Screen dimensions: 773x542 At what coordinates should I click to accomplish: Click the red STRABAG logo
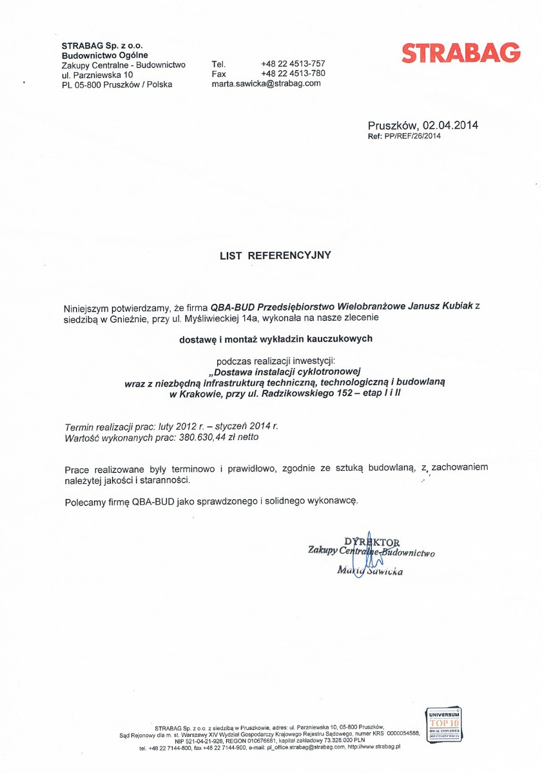tap(460, 53)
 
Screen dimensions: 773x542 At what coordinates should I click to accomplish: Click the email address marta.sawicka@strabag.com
tap(266, 84)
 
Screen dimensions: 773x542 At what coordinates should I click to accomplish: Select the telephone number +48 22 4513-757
tap(293, 64)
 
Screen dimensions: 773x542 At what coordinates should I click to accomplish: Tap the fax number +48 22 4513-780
tap(293, 73)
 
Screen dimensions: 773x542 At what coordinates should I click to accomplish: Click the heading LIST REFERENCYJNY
tap(275, 255)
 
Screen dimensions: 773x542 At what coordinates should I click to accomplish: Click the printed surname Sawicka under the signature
tap(385, 571)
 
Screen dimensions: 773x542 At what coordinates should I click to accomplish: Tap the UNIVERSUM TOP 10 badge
tap(441, 724)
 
